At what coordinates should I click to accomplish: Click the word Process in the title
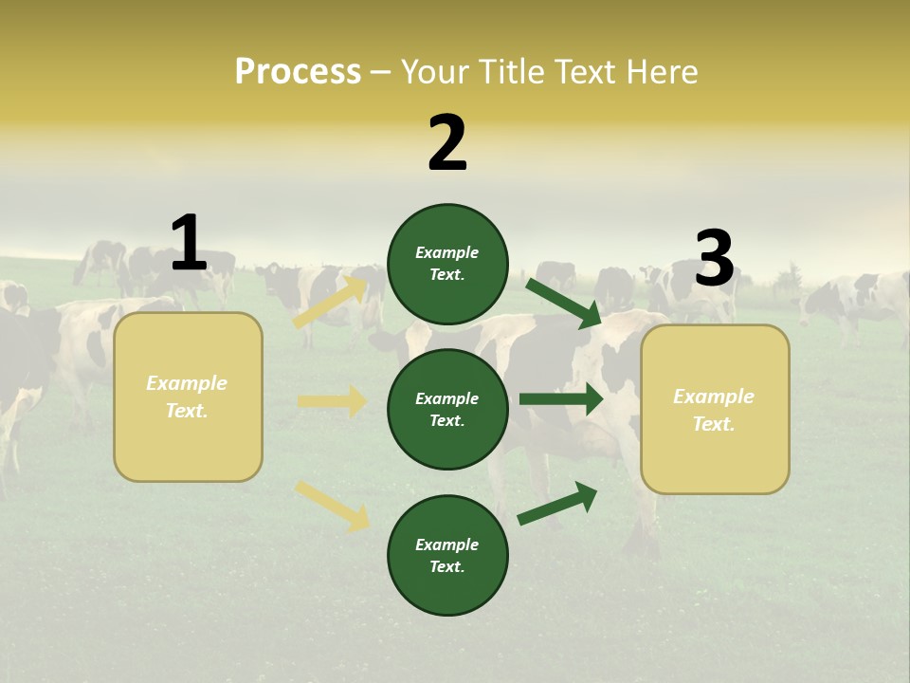click(298, 71)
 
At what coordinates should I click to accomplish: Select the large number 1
click(189, 243)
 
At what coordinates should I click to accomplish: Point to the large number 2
click(447, 143)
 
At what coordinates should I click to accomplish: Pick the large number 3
click(714, 259)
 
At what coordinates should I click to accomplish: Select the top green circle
click(447, 264)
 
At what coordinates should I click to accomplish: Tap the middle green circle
click(447, 409)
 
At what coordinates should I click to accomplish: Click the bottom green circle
click(447, 555)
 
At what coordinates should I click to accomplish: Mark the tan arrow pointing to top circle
click(330, 303)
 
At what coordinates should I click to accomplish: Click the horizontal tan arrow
click(332, 401)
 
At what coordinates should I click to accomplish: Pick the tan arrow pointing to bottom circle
click(332, 506)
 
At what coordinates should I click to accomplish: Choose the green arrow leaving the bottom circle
click(557, 504)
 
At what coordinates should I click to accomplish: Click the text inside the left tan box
click(188, 397)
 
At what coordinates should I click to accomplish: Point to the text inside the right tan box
click(714, 410)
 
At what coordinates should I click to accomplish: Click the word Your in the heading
click(436, 71)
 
